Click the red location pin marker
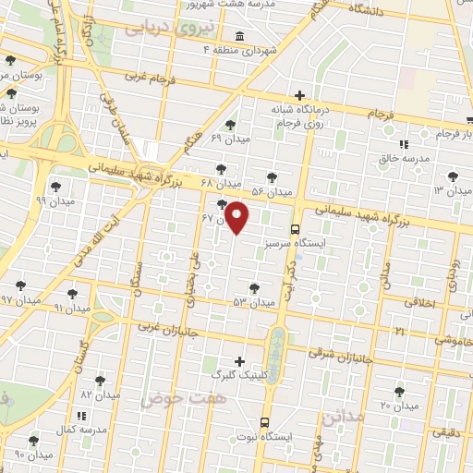(237, 217)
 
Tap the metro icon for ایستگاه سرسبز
(295, 228)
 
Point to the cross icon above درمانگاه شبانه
(299, 94)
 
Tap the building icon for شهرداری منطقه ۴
(240, 36)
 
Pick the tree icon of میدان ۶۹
(230, 125)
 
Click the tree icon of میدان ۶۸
(219, 168)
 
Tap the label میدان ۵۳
(253, 302)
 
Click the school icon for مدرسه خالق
(403, 144)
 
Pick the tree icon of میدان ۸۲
(100, 379)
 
